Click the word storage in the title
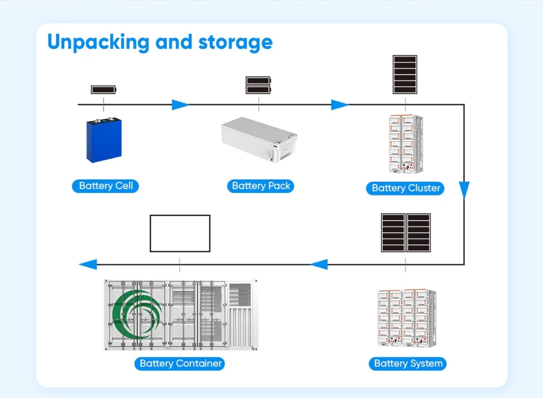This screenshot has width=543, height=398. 235,42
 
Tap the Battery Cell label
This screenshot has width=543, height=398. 106,185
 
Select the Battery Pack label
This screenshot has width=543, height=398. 261,185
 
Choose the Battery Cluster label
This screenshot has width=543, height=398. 406,188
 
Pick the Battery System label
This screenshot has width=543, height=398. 408,363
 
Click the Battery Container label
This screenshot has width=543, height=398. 180,364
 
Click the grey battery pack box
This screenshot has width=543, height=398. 259,139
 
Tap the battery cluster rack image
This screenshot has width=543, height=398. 405,144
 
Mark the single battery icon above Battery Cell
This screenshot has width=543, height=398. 103,90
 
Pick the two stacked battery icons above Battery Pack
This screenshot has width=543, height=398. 258,85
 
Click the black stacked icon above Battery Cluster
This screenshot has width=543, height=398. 405,74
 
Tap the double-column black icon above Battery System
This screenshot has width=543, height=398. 406,233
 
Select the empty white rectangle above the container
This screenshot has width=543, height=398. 180,233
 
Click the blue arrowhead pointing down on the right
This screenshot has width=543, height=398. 464,190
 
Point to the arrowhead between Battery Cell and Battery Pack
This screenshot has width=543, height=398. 180,105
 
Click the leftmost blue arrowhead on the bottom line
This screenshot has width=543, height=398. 88,264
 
